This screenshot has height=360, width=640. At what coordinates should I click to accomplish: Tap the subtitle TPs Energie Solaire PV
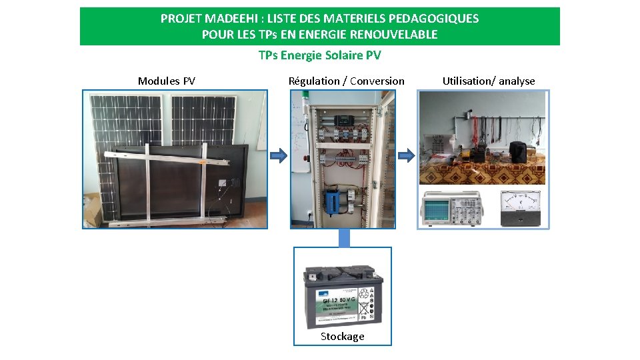319,55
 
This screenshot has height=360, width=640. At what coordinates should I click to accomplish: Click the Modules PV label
167,81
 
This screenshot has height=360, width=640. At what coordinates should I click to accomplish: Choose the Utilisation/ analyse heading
489,81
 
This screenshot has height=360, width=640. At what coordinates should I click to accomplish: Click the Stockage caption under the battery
342,336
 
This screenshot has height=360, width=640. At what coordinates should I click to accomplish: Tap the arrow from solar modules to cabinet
279,156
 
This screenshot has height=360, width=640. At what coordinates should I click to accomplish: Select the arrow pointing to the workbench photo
406,156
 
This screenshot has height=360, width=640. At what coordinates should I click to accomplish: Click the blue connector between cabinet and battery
343,237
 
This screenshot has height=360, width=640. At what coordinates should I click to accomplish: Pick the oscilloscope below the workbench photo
451,208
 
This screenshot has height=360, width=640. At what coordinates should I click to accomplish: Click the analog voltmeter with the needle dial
521,208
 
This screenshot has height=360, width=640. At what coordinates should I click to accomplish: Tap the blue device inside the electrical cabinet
332,199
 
